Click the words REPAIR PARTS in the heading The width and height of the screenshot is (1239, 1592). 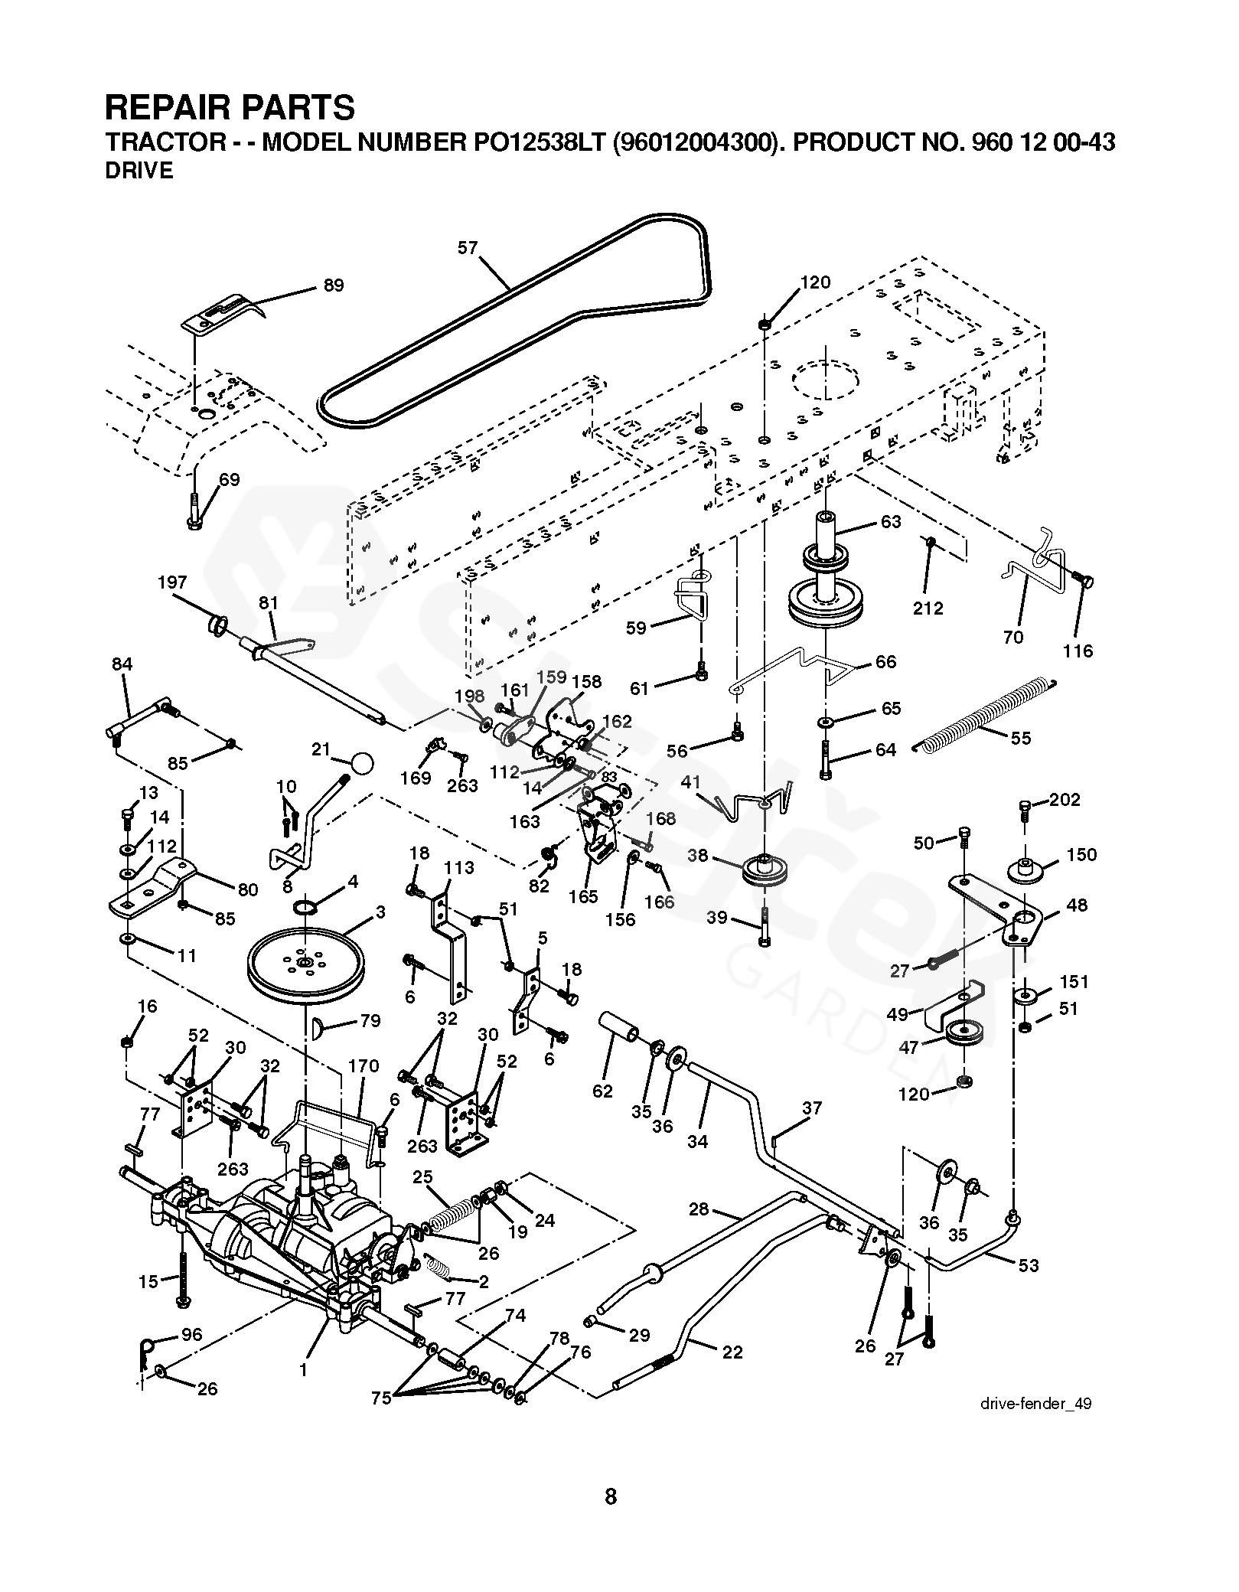[x=230, y=108]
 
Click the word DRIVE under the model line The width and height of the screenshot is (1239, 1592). [x=139, y=171]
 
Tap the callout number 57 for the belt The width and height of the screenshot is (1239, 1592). [x=468, y=247]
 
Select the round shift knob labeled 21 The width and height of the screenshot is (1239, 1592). [x=362, y=762]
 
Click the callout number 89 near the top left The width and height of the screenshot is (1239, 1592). [x=334, y=285]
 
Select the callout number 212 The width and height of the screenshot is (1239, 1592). [x=928, y=608]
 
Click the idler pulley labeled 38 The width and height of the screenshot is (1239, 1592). [x=765, y=870]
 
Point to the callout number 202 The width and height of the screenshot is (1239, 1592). [x=1065, y=800]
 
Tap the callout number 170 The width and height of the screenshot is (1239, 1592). [x=364, y=1065]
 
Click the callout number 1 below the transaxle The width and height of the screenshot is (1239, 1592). [x=303, y=1369]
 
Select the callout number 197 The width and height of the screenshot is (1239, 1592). [x=172, y=582]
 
